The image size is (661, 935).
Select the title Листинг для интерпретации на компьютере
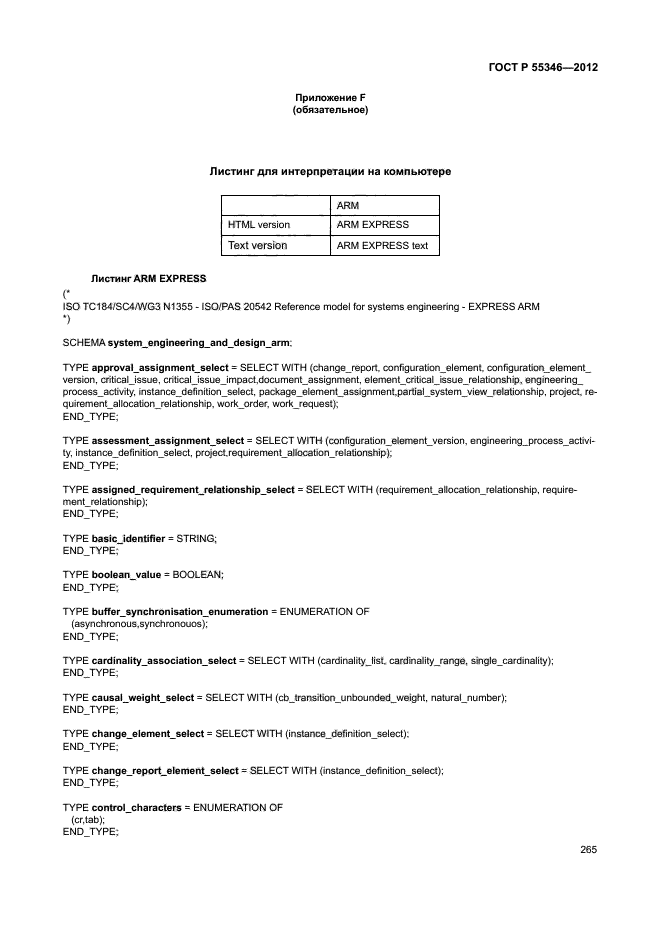[330, 172]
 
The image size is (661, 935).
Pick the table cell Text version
[258, 245]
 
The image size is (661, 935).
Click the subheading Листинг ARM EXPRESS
[148, 277]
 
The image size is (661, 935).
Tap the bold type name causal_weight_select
[144, 696]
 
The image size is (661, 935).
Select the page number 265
[588, 850]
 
